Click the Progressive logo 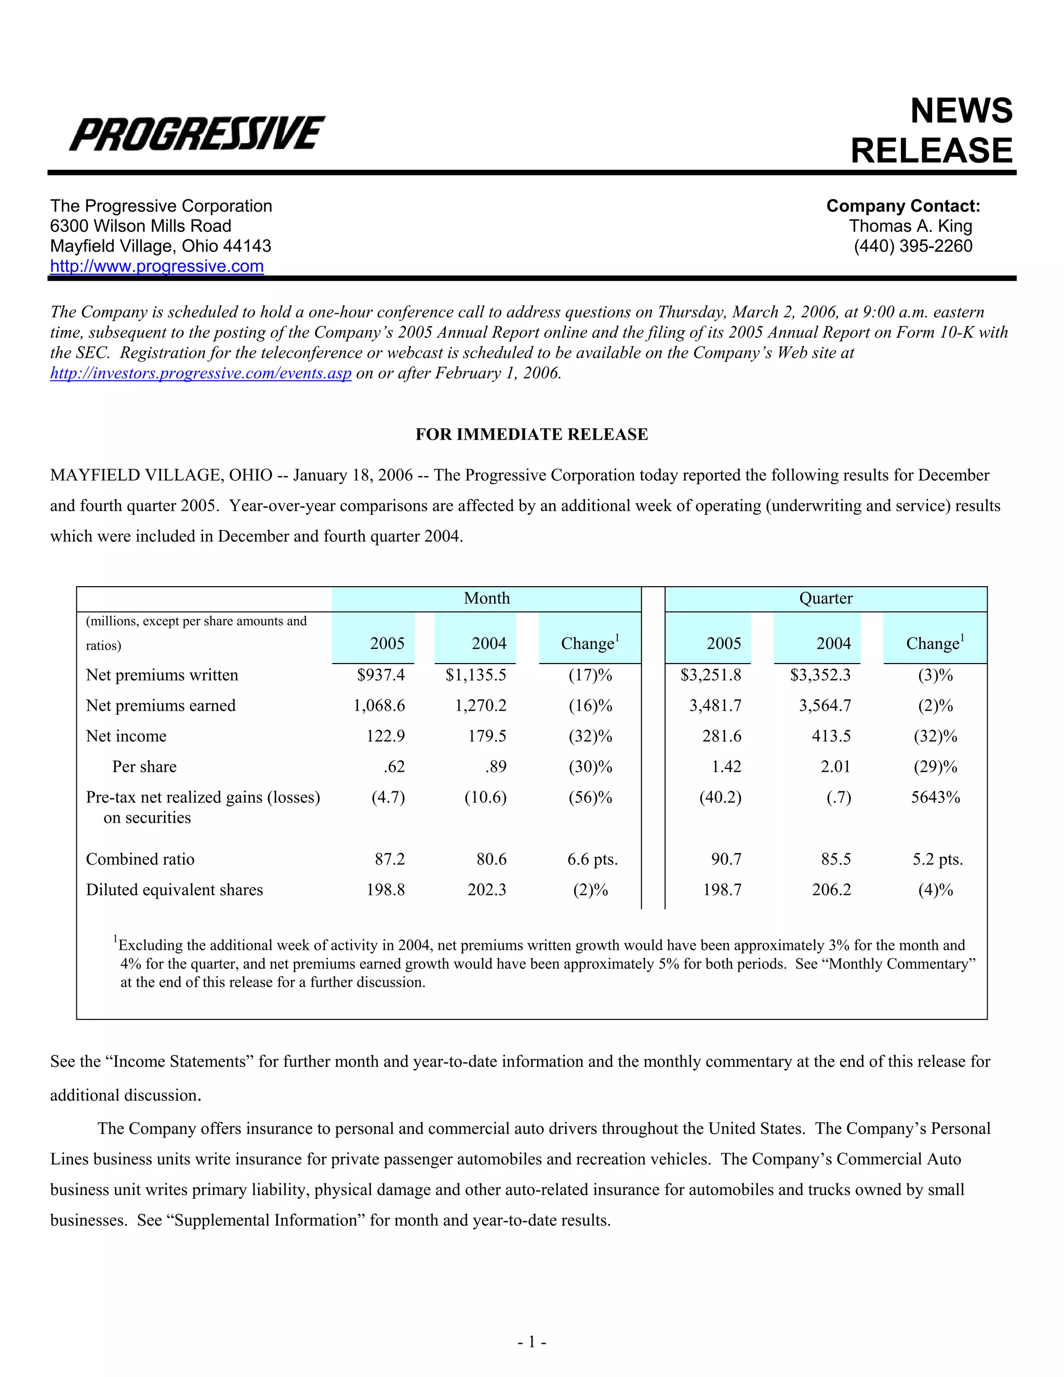(197, 133)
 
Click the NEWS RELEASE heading (931, 130)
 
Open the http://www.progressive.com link (157, 266)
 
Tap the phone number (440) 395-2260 (913, 246)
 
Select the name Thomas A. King (910, 226)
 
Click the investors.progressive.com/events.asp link (201, 373)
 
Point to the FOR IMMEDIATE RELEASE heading (531, 434)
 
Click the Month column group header (487, 598)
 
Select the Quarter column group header (825, 598)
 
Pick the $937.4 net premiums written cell (381, 676)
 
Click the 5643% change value (935, 798)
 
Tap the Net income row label (126, 736)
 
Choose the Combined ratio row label (140, 859)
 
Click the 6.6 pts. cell (592, 859)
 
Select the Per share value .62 (394, 766)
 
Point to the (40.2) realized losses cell (721, 798)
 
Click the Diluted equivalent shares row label (175, 890)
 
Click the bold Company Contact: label (902, 206)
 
